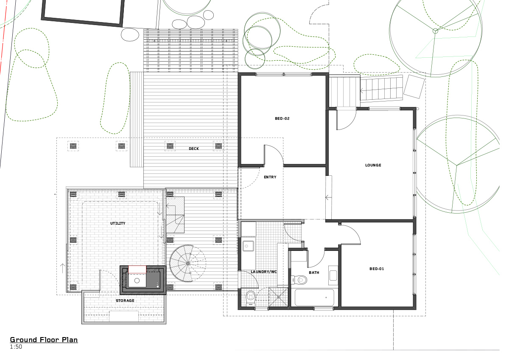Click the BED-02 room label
pos(282,118)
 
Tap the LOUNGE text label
pos(373,165)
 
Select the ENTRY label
pos(270,177)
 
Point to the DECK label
pos(194,149)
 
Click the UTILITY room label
pos(118,223)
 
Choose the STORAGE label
pos(125,301)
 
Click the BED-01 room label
pos(377,268)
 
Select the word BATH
pos(314,272)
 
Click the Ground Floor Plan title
pos(44,340)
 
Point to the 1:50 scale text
pos(16,347)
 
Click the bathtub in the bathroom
pos(314,297)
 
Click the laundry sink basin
pos(248,245)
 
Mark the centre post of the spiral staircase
pos(187,263)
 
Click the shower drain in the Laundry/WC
pos(278,297)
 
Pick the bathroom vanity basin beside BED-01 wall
pos(333,275)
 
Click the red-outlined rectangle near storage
pos(137,270)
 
